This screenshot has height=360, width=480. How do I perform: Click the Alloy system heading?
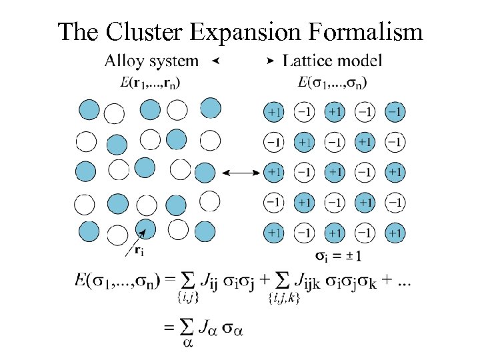(151, 61)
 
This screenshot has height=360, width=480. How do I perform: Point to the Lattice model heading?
(333, 61)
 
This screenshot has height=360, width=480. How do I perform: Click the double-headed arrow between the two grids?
(241, 173)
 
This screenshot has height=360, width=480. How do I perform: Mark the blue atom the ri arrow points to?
(146, 227)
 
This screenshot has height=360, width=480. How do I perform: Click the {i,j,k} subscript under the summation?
(283, 299)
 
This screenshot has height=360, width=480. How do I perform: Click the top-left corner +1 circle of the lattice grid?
(274, 111)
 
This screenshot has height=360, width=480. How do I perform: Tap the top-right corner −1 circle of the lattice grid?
(395, 111)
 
